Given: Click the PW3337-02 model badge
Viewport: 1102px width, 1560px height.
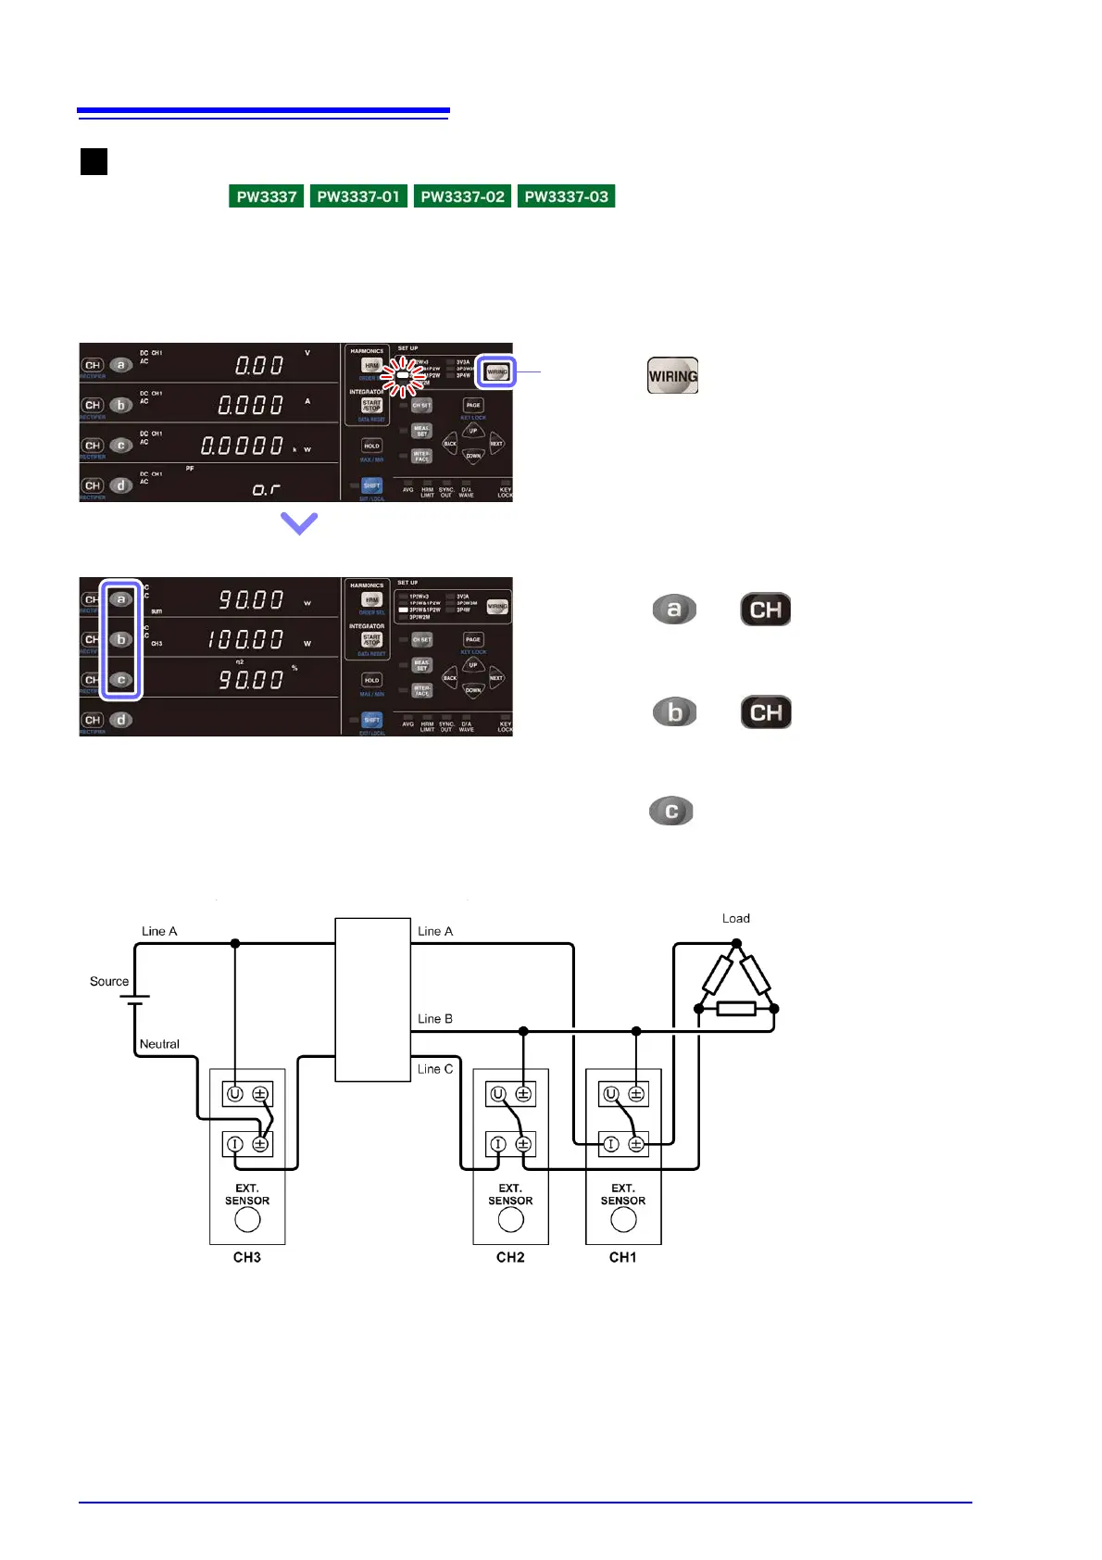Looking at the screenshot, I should (x=462, y=196).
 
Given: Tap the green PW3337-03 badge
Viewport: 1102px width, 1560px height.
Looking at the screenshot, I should (x=566, y=196).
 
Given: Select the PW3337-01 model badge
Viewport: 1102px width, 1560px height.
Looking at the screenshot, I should (x=358, y=196).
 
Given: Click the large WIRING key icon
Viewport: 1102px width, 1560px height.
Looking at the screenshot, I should (x=672, y=376).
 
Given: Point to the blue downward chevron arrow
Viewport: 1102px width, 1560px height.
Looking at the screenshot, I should (x=299, y=523).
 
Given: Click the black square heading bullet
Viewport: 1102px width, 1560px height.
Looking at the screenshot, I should (x=94, y=162).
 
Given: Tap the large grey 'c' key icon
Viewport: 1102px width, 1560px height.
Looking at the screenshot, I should (x=671, y=811).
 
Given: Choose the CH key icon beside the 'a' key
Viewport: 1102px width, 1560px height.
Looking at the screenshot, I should (x=766, y=610).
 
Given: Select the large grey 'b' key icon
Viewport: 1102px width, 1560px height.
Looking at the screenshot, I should (x=674, y=712).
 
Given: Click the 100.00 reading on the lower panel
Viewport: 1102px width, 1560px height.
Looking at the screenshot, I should (x=245, y=639).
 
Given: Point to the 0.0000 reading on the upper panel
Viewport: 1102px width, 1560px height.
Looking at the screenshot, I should (x=243, y=446).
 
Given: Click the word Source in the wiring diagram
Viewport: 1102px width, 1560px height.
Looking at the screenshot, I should (x=109, y=981).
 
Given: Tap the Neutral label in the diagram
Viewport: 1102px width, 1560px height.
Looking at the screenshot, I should (x=159, y=1044).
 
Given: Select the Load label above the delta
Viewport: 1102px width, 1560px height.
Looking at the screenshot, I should (x=736, y=918).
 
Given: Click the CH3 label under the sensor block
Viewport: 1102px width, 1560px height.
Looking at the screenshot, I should (x=247, y=1257).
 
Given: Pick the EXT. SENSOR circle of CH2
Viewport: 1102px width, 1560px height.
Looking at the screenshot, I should (x=511, y=1220).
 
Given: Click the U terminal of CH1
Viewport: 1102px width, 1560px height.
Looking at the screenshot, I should (x=611, y=1094).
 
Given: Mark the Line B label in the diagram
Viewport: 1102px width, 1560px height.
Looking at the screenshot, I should (x=435, y=1018).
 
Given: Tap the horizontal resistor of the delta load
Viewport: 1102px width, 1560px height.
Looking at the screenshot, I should (x=736, y=1009).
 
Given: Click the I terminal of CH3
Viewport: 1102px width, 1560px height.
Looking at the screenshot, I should (x=235, y=1144).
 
